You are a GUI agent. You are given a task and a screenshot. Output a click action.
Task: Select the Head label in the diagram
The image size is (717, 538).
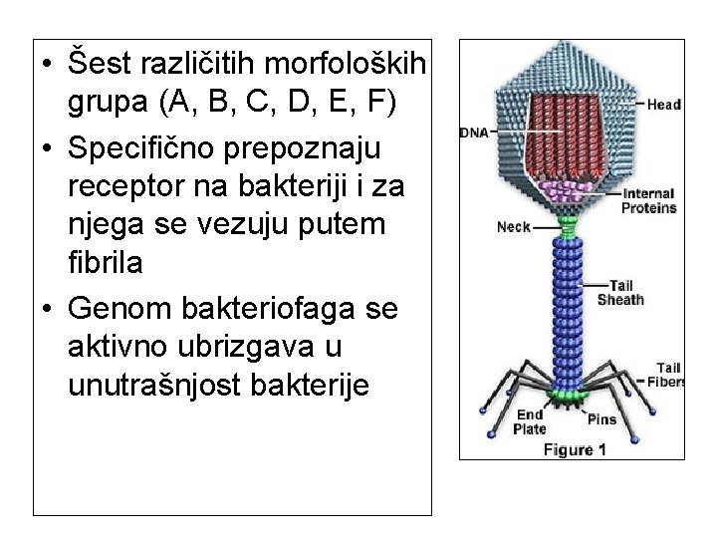click(x=663, y=104)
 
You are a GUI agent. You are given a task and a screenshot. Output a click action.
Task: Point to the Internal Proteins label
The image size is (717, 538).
click(x=648, y=200)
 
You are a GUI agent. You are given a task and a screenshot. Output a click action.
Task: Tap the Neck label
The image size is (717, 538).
click(x=513, y=227)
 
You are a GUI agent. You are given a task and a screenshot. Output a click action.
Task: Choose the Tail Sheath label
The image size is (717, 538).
click(x=620, y=292)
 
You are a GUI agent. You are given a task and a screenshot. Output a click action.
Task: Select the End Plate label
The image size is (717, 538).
click(x=529, y=421)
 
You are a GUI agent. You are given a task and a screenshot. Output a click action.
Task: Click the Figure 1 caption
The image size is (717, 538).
click(x=575, y=449)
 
